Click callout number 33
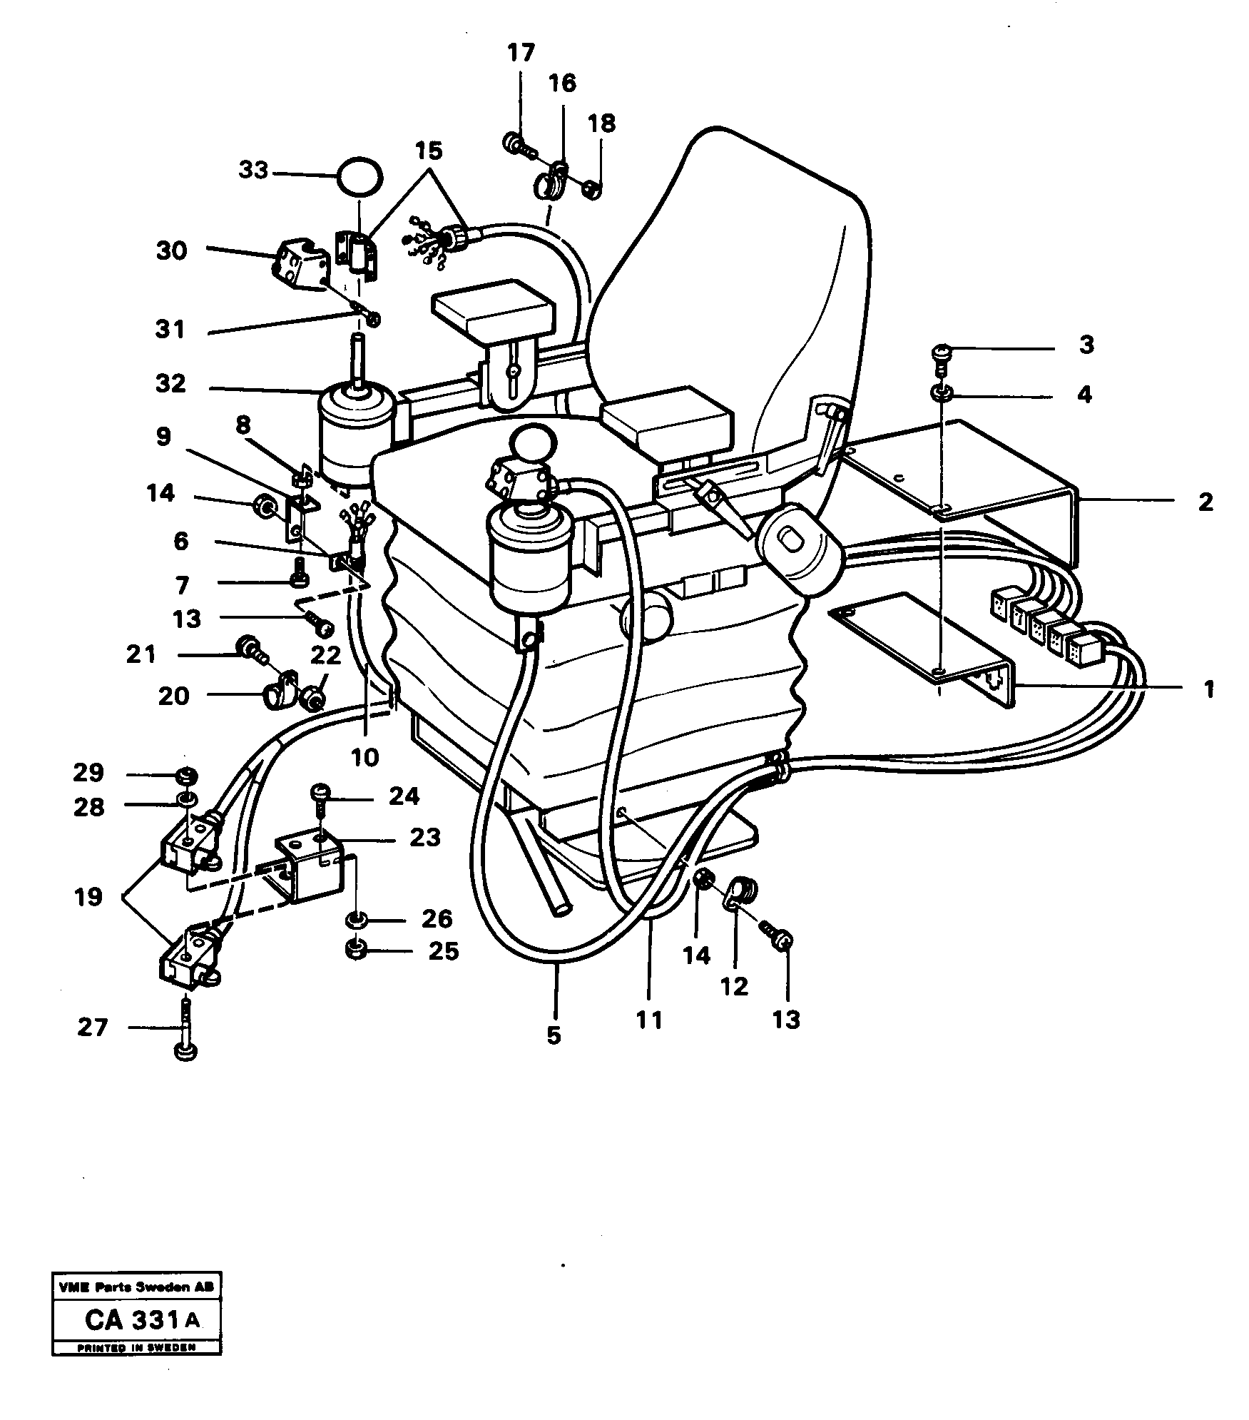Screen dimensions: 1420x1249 tap(253, 171)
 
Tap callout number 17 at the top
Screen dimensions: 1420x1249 tap(521, 54)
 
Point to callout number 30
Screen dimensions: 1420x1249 tap(171, 251)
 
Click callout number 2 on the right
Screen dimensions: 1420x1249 tap(1205, 502)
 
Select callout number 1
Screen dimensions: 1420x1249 tap(1208, 690)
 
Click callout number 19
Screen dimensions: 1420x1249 tap(88, 897)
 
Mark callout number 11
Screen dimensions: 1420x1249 tap(648, 1020)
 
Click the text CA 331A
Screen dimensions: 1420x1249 tap(142, 1320)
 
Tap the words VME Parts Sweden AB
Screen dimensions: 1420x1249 tap(136, 1288)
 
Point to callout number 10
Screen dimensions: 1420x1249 tap(364, 756)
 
